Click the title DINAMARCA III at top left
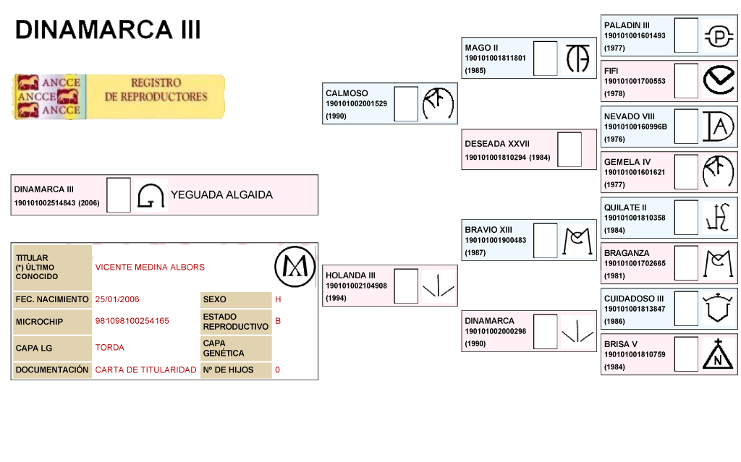(108, 30)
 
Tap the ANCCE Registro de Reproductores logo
(118, 96)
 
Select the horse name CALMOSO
(347, 93)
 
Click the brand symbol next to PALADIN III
(719, 36)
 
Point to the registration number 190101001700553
(635, 81)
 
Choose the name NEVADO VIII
(629, 116)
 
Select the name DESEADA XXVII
(497, 144)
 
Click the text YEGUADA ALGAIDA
(221, 194)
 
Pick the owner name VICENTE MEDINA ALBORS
(150, 268)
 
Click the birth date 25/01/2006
(117, 299)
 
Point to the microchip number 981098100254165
(132, 321)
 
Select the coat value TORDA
(109, 348)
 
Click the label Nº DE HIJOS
(226, 370)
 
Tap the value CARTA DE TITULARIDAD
(145, 370)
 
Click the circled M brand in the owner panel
(295, 267)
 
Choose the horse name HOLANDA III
(350, 275)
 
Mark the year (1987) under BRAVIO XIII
(475, 252)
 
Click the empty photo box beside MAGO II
(546, 59)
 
